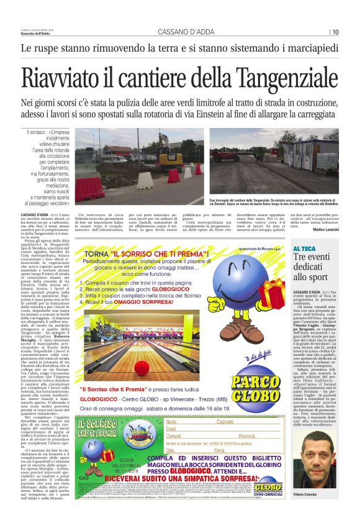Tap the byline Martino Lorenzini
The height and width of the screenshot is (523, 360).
click(326, 229)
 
